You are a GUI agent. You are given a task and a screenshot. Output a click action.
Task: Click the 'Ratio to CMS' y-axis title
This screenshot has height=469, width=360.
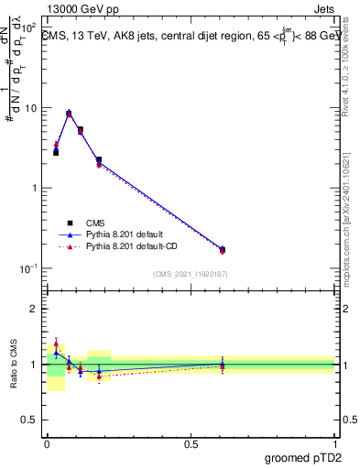14,364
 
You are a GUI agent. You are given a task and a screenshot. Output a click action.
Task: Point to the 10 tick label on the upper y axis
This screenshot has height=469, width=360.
30,108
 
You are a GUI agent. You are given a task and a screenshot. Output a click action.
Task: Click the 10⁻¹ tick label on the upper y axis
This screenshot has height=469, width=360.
28,268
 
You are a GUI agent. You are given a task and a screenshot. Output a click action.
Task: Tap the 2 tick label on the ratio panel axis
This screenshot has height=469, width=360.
35,309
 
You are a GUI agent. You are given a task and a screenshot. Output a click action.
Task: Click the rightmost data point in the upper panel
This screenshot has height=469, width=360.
223,249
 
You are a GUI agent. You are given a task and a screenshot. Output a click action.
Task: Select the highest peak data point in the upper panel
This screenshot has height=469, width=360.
69,114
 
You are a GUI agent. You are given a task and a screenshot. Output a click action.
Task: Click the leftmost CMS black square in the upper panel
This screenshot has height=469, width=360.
56,152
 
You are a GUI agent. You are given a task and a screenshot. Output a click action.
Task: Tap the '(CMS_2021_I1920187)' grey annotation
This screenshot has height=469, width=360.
190,273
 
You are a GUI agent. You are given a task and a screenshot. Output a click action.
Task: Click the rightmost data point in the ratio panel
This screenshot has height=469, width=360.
223,365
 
